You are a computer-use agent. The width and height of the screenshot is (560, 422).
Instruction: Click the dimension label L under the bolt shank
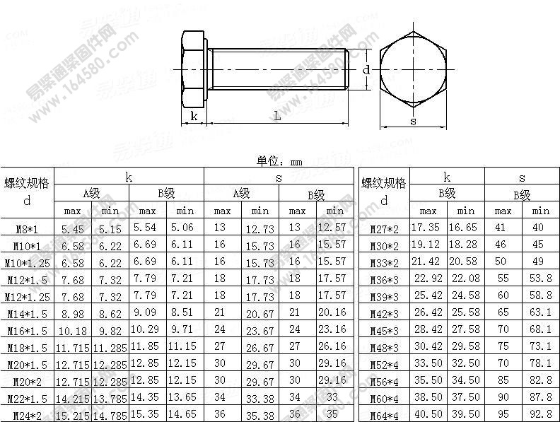tap(277, 117)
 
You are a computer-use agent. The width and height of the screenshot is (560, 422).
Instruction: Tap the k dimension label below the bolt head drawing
tap(194, 117)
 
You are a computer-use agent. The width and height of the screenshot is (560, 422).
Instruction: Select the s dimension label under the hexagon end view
tap(414, 121)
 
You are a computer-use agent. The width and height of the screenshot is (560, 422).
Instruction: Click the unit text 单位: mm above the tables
tap(279, 161)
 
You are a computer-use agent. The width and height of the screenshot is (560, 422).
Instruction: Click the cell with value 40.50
tap(427, 415)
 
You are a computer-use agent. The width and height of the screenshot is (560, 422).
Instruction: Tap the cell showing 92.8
tap(540, 415)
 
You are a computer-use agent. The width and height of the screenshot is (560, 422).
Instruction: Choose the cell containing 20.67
tap(259, 313)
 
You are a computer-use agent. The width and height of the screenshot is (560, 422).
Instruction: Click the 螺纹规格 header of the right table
tap(384, 183)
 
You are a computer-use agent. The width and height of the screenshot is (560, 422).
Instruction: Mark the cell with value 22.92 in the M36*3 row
tap(427, 279)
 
